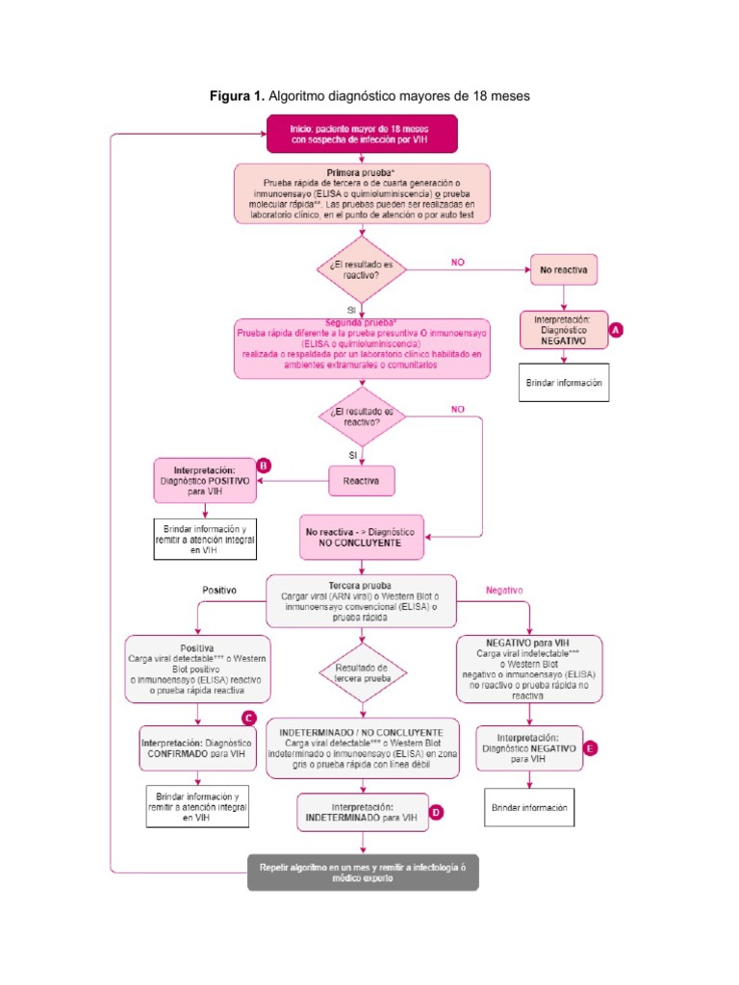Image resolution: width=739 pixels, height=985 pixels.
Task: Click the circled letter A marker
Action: pyautogui.click(x=617, y=329)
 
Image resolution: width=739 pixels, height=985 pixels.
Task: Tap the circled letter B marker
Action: pyautogui.click(x=265, y=465)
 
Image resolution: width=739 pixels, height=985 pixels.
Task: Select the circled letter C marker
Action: pyautogui.click(x=248, y=717)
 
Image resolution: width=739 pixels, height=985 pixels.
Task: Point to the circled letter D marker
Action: pyautogui.click(x=436, y=813)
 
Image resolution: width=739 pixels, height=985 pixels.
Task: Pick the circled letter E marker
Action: pyautogui.click(x=591, y=746)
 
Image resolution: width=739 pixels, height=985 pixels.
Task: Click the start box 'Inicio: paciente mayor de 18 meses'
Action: pyautogui.click(x=361, y=134)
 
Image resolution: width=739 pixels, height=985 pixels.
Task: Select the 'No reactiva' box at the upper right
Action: pyautogui.click(x=563, y=270)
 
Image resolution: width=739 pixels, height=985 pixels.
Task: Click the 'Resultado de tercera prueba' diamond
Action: pyautogui.click(x=362, y=672)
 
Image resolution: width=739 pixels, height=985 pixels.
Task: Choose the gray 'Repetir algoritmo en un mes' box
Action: pyautogui.click(x=362, y=871)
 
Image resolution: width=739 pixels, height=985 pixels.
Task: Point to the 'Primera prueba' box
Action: pyautogui.click(x=361, y=194)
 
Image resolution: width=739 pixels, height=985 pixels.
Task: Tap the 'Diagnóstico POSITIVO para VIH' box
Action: pyautogui.click(x=205, y=480)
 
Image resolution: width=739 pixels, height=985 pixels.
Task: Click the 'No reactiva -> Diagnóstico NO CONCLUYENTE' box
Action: pyautogui.click(x=361, y=537)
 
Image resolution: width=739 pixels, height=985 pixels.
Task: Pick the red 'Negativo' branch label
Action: pyautogui.click(x=504, y=589)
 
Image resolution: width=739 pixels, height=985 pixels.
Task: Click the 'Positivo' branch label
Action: pyautogui.click(x=218, y=589)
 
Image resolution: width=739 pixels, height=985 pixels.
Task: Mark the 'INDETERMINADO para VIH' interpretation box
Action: pyautogui.click(x=361, y=812)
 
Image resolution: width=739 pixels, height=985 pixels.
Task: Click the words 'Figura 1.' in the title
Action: pyautogui.click(x=237, y=96)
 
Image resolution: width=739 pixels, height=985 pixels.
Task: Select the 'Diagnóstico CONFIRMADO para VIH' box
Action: pyautogui.click(x=197, y=748)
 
